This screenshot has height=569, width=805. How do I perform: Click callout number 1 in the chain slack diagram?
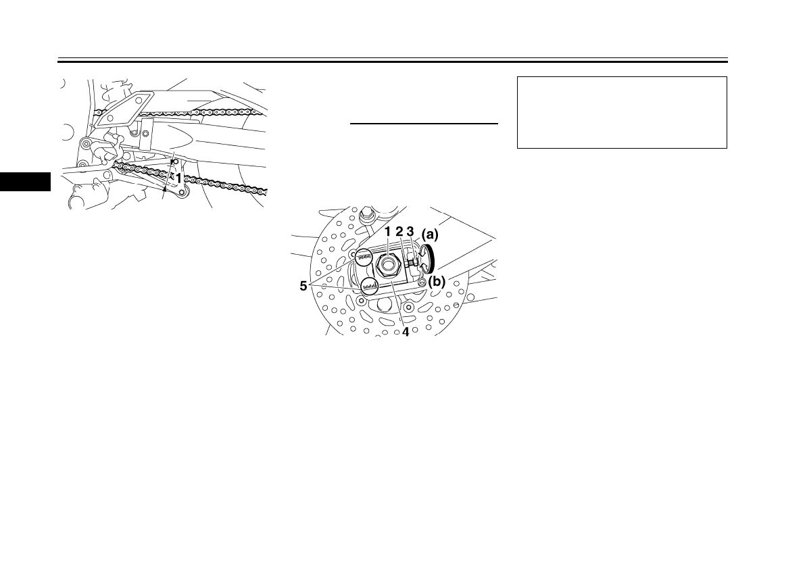178,177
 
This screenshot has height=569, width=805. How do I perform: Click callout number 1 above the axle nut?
388,232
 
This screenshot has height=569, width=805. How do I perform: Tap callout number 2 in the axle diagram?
399,232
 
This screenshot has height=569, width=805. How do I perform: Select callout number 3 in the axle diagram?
410,232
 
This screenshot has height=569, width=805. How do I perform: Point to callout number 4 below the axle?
405,332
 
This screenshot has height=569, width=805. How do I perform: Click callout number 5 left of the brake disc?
304,287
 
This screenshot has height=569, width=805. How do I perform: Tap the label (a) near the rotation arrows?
431,234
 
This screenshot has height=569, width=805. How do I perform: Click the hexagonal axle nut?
387,264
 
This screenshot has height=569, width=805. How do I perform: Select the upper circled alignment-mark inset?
364,257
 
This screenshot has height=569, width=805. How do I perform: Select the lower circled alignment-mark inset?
369,287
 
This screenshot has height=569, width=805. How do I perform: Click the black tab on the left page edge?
25,182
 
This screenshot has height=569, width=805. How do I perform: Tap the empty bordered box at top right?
621,112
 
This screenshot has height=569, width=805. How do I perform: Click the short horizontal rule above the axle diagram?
424,124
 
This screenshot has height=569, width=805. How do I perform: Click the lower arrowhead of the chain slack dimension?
164,191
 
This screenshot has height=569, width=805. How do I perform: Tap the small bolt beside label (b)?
422,282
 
